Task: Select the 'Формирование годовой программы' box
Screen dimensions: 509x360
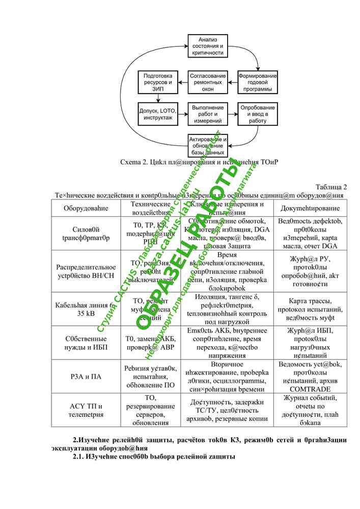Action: pyautogui.click(x=258, y=82)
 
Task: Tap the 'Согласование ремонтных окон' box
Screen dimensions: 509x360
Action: pyautogui.click(x=207, y=82)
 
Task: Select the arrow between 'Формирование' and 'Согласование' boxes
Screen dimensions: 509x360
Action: pyautogui.click(x=232, y=82)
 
